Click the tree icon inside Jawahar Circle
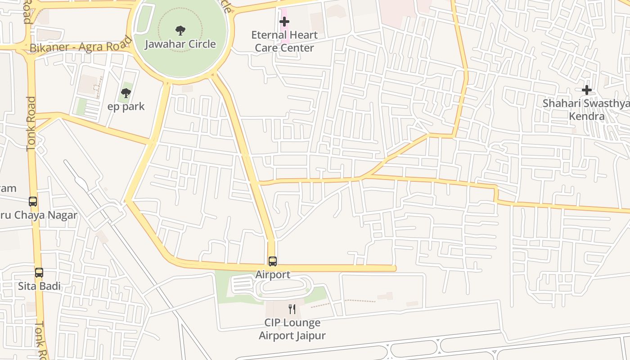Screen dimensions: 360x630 (180, 31)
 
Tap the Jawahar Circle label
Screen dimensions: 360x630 (180, 44)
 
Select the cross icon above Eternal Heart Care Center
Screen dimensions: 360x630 (284, 21)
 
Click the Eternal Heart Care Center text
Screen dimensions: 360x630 (284, 41)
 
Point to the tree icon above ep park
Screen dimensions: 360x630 (126, 93)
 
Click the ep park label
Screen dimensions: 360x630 (126, 107)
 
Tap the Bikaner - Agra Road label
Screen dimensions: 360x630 (81, 47)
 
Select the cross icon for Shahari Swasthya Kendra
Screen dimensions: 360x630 (587, 90)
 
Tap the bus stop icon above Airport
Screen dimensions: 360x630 (273, 261)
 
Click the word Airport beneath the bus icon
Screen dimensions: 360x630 (273, 274)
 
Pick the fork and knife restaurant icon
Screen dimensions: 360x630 (292, 309)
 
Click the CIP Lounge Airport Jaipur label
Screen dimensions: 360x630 (292, 329)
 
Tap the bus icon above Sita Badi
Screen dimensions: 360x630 (39, 272)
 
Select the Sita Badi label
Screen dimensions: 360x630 (39, 286)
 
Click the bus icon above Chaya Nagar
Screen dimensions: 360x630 (33, 201)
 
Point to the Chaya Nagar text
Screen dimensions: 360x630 (45, 215)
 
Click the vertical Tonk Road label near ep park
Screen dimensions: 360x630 (31, 124)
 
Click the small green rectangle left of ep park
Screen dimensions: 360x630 (81, 107)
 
